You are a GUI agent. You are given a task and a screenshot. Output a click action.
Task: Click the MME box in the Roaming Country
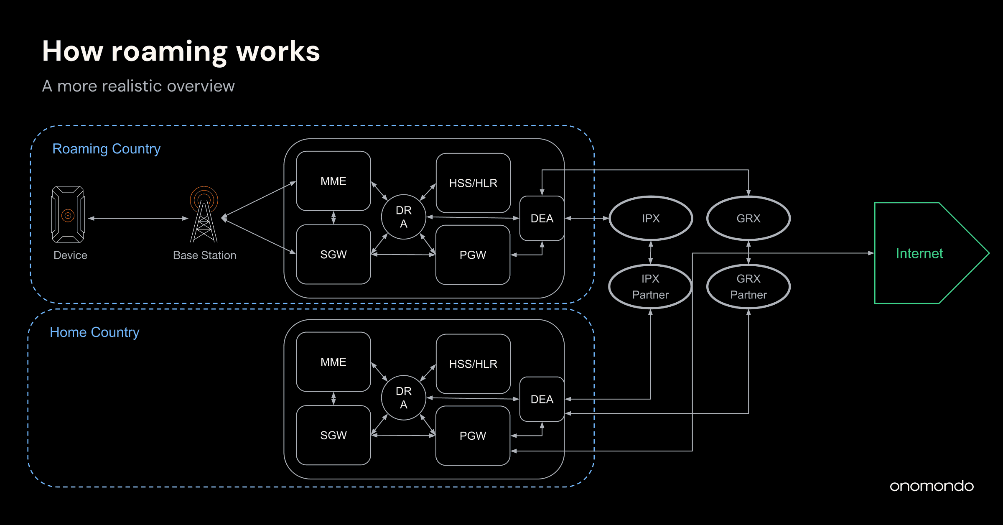coord(333,181)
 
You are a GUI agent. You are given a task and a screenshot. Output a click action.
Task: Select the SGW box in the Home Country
coord(333,435)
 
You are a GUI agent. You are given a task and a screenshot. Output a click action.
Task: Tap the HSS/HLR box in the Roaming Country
coord(473,183)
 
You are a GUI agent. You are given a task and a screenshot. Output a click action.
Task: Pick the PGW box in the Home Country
coord(473,436)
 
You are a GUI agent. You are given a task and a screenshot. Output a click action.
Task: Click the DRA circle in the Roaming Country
coord(403,217)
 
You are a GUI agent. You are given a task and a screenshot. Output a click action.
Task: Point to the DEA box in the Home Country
coord(542,399)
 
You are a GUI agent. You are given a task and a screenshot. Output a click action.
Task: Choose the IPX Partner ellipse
coord(650,287)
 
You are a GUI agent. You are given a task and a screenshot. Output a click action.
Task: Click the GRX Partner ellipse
coord(748,287)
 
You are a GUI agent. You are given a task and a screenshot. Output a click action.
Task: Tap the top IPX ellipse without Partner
coord(651,218)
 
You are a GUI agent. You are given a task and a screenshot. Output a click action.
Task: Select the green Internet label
coord(919,253)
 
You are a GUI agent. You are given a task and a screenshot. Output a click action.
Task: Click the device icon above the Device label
coord(68,214)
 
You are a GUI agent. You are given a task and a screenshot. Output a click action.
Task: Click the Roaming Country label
coord(106,149)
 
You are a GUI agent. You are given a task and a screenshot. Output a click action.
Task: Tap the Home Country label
coord(94,332)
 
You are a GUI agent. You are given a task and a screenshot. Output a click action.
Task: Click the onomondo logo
coord(932,486)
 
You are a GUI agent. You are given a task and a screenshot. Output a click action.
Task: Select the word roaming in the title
coord(169,52)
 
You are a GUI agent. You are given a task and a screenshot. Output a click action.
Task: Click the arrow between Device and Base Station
coord(138,218)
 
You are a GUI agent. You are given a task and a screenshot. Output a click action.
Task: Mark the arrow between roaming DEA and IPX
coord(587,218)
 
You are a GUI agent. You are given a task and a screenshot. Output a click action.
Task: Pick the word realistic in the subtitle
coord(132,86)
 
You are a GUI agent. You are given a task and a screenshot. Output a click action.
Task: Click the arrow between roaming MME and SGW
coord(333,218)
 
